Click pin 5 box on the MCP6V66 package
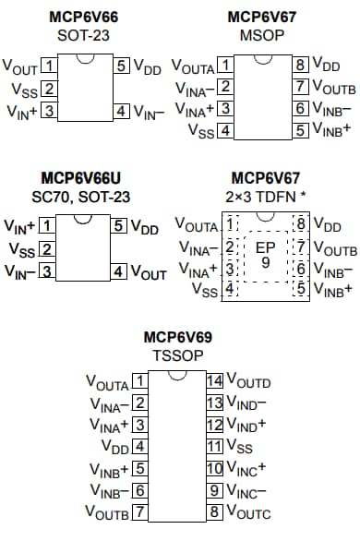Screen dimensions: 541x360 121,66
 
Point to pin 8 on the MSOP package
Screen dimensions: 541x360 300,66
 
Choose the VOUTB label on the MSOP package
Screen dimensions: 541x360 334,88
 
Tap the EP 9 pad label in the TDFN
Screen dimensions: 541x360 265,254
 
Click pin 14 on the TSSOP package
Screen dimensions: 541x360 214,380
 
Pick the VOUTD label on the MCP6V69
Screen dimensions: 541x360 249,380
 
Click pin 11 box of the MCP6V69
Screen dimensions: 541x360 214,446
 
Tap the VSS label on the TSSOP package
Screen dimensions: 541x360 240,446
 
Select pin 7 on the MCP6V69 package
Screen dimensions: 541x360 140,511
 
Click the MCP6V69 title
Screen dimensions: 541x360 177,337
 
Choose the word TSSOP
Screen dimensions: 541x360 177,355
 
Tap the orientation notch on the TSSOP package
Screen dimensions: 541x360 177,376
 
